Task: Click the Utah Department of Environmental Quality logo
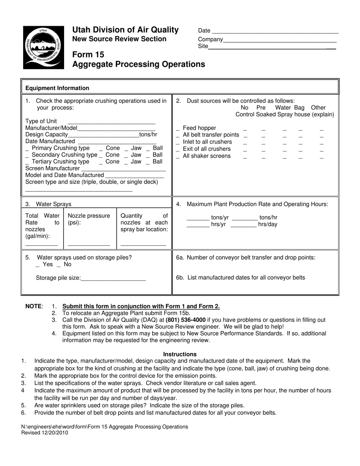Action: (43, 47)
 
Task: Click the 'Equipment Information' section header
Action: (57, 88)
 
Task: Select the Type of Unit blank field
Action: (111, 123)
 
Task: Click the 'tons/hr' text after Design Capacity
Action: (148, 134)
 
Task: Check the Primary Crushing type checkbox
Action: (27, 149)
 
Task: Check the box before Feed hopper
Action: (178, 129)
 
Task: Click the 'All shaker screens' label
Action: (207, 156)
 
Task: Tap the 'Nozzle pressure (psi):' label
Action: (89, 219)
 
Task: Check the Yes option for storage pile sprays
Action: (38, 265)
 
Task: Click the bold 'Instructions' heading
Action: (180, 354)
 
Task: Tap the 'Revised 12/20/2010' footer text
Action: (45, 433)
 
